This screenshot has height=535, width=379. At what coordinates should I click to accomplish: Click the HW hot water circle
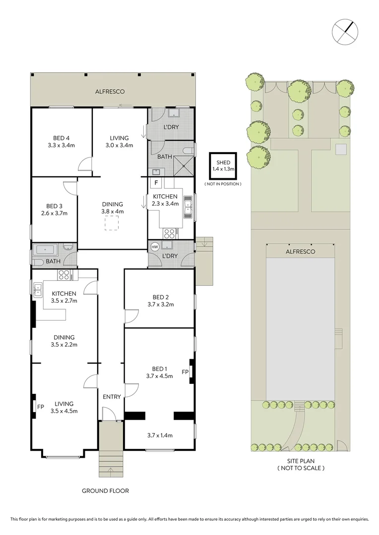(x=154, y=246)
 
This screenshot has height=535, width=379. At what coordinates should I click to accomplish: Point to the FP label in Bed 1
(x=185, y=372)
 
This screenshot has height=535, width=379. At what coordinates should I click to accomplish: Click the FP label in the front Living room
(x=41, y=407)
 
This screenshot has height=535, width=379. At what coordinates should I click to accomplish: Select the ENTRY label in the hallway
(x=112, y=397)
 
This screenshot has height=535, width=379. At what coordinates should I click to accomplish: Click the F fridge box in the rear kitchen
(x=156, y=183)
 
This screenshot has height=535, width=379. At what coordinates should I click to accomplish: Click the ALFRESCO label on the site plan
(x=300, y=252)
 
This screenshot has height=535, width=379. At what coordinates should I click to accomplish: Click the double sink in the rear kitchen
(x=189, y=207)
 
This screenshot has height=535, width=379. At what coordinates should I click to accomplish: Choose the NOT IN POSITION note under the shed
(x=223, y=184)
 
